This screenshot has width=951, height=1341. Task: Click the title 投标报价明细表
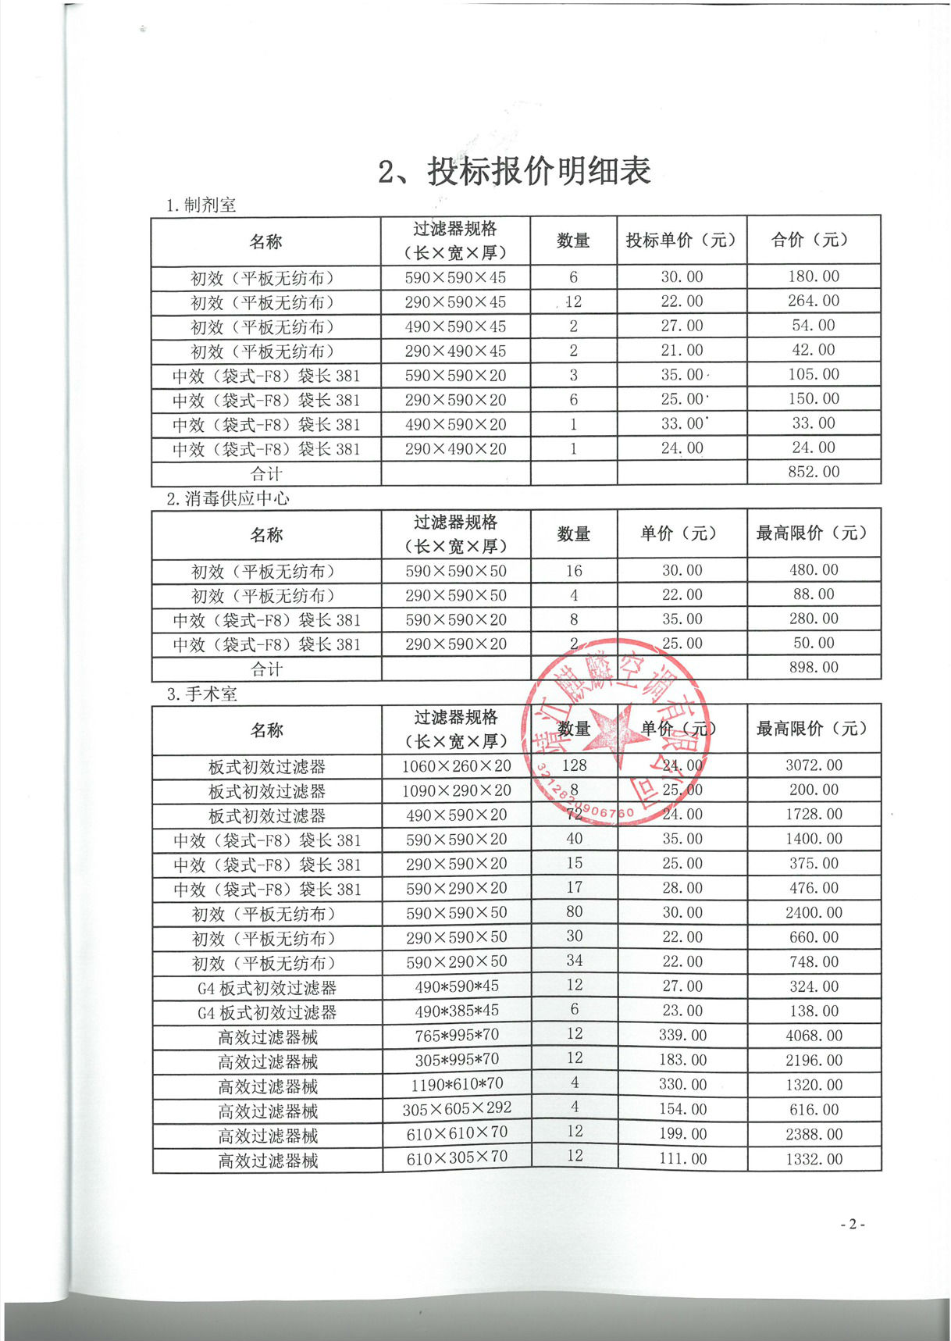(x=515, y=171)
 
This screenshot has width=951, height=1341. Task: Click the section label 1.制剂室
(x=201, y=205)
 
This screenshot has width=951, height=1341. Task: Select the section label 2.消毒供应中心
(x=227, y=498)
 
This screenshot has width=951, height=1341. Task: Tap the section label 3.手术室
(x=201, y=694)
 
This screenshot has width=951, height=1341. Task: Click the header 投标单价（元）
(x=681, y=240)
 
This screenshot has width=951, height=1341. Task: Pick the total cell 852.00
(x=814, y=472)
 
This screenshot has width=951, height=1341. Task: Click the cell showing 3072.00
(x=814, y=765)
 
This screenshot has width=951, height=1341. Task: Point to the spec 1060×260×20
(x=456, y=766)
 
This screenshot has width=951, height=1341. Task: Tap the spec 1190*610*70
(x=457, y=1084)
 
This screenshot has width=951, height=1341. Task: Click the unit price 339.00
(x=682, y=1036)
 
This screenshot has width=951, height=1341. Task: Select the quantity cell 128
(x=574, y=765)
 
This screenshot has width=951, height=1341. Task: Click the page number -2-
(x=852, y=1224)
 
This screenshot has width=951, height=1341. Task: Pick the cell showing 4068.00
(x=814, y=1036)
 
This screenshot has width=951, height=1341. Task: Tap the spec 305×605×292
(x=457, y=1108)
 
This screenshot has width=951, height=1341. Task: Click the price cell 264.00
(x=814, y=301)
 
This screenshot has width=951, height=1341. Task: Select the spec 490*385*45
(x=457, y=1011)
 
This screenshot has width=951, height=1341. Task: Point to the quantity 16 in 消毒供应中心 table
(x=574, y=571)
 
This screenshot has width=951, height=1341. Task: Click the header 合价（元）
(x=814, y=240)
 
